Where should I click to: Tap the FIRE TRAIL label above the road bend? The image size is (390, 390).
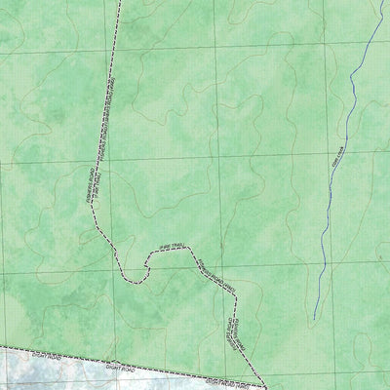[165, 248]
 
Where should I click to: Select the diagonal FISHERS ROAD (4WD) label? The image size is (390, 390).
[212, 275]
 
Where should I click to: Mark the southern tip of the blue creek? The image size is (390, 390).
[314, 318]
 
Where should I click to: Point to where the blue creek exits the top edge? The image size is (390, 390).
[376, 1]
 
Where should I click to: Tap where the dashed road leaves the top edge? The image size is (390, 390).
[119, 1]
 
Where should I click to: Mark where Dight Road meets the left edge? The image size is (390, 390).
[1, 347]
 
